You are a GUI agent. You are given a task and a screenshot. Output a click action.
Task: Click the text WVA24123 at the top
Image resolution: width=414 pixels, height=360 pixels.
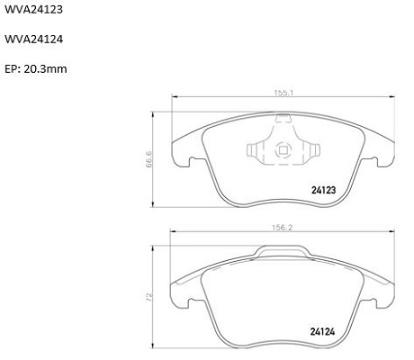[x=33, y=10]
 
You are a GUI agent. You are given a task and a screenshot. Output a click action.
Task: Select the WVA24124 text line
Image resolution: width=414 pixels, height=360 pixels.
[x=33, y=39]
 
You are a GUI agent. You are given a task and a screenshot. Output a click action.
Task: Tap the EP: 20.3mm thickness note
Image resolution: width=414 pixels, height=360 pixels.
[x=36, y=69]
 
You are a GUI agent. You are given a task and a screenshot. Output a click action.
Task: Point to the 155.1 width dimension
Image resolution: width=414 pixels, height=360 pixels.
[x=283, y=93]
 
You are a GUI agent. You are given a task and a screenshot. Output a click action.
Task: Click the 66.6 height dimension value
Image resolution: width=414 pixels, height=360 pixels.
[x=149, y=158]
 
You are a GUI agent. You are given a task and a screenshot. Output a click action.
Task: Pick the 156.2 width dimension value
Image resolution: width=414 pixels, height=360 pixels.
[x=282, y=228]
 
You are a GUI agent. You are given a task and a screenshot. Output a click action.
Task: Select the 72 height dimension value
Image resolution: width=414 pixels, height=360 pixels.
[x=149, y=297]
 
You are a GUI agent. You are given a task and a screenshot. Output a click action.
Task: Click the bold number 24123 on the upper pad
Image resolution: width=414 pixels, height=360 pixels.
[x=324, y=190]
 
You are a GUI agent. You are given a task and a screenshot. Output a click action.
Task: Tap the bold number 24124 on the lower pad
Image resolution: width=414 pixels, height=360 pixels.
[x=322, y=332]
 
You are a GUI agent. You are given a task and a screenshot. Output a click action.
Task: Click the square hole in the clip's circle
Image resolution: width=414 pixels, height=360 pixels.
[x=283, y=150]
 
